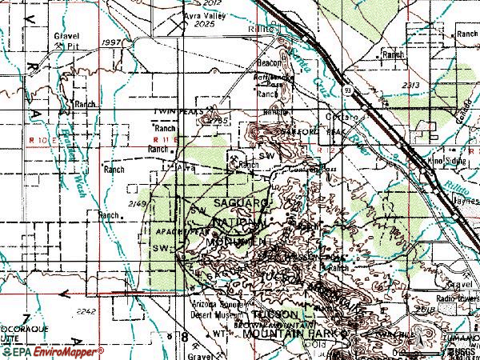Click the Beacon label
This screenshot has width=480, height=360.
pyautogui.click(x=266, y=62)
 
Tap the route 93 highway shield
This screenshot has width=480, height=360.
pyautogui.click(x=349, y=90)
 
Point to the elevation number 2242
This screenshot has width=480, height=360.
pyautogui.click(x=87, y=311)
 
